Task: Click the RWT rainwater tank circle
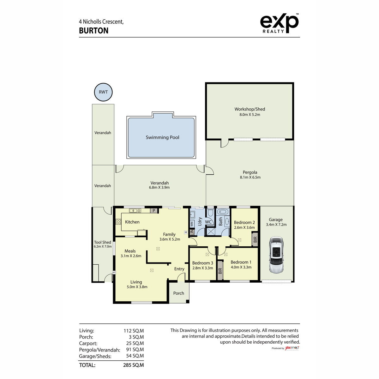[103, 92]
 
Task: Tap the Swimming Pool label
[162, 137]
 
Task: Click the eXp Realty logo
[279, 23]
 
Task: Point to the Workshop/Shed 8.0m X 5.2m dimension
[250, 115]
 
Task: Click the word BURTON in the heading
[93, 31]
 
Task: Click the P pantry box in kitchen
[154, 211]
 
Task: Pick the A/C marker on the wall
[114, 272]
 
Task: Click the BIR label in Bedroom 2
[255, 239]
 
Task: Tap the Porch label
[178, 293]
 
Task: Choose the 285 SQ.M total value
[133, 365]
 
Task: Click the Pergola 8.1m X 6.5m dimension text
[250, 177]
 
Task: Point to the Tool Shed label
[102, 242]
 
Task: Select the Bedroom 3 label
[202, 263]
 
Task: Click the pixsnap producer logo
[292, 348]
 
